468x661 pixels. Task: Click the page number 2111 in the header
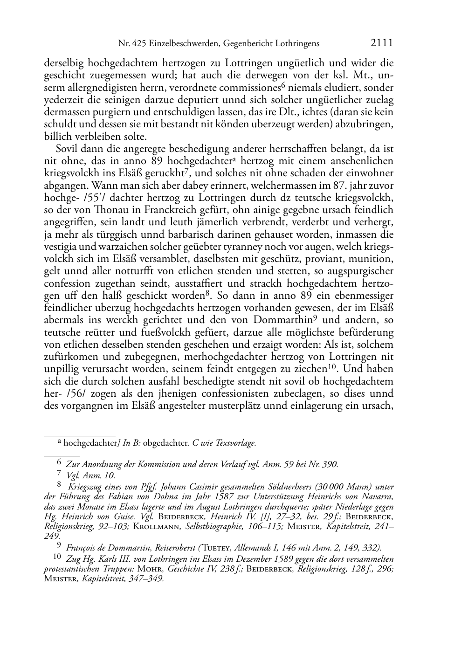382,43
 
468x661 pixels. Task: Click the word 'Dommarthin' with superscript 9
282,320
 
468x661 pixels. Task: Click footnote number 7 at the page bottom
59,475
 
